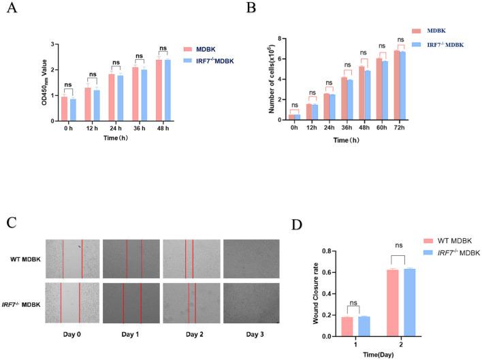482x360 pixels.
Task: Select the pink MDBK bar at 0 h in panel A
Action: point(64,109)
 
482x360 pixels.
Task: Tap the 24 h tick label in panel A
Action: point(116,127)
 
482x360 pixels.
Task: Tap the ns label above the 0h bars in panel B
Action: point(295,104)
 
